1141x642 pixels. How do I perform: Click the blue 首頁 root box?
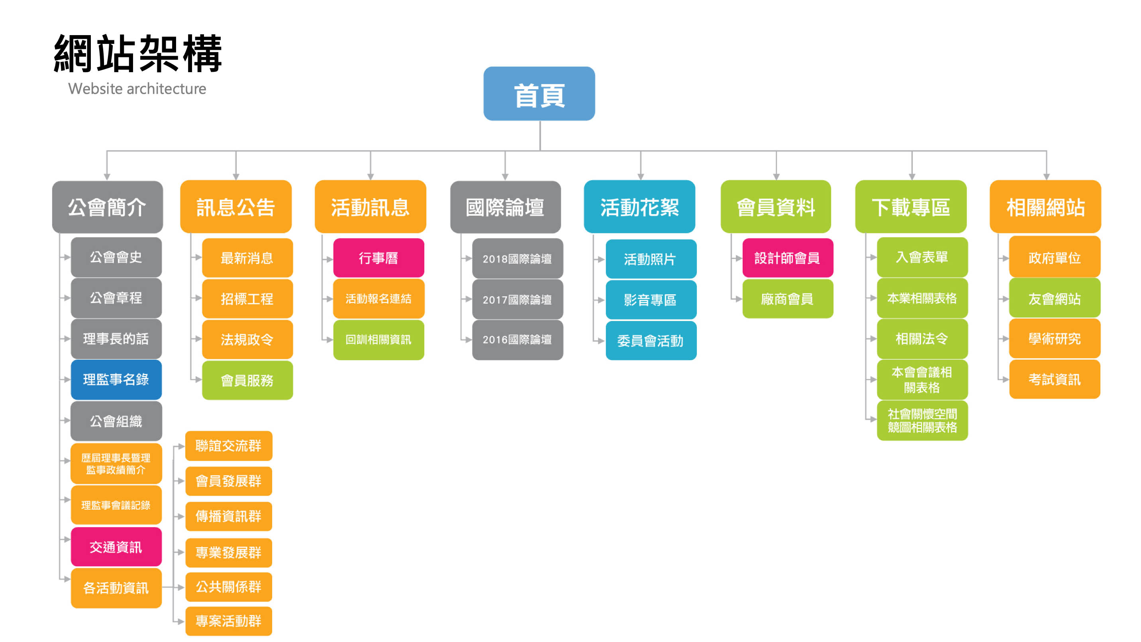tap(539, 94)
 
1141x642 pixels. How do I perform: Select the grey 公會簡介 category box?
tap(107, 207)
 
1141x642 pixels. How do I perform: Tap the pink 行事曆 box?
tap(378, 258)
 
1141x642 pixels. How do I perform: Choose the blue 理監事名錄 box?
tap(116, 380)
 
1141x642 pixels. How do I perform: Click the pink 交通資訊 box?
tap(116, 547)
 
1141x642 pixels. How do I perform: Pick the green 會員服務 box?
tap(247, 380)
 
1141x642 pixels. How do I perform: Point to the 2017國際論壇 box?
tap(518, 300)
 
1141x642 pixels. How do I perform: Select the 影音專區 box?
tap(651, 300)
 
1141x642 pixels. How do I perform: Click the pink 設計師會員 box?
tap(788, 258)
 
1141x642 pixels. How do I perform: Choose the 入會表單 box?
tap(922, 257)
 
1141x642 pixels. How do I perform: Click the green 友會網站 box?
tap(1055, 299)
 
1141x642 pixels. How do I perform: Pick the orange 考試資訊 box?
tap(1055, 380)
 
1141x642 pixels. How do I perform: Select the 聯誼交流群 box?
tap(229, 445)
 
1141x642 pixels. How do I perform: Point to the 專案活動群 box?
tap(229, 621)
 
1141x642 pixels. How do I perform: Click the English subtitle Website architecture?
tap(137, 89)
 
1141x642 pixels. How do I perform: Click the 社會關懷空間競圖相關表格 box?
tap(922, 421)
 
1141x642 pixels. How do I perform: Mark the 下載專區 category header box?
tap(911, 207)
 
